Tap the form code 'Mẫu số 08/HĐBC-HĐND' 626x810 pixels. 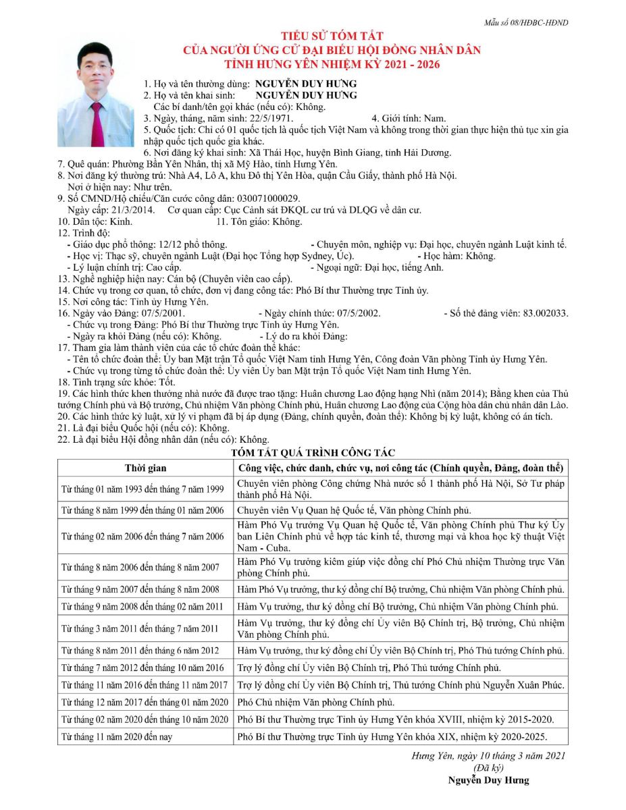click(525, 23)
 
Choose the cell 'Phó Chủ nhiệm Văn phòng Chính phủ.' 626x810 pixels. click(315, 703)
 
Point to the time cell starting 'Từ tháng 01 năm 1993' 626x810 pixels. click(142, 489)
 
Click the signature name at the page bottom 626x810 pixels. click(488, 780)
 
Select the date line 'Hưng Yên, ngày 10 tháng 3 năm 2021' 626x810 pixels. click(489, 756)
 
